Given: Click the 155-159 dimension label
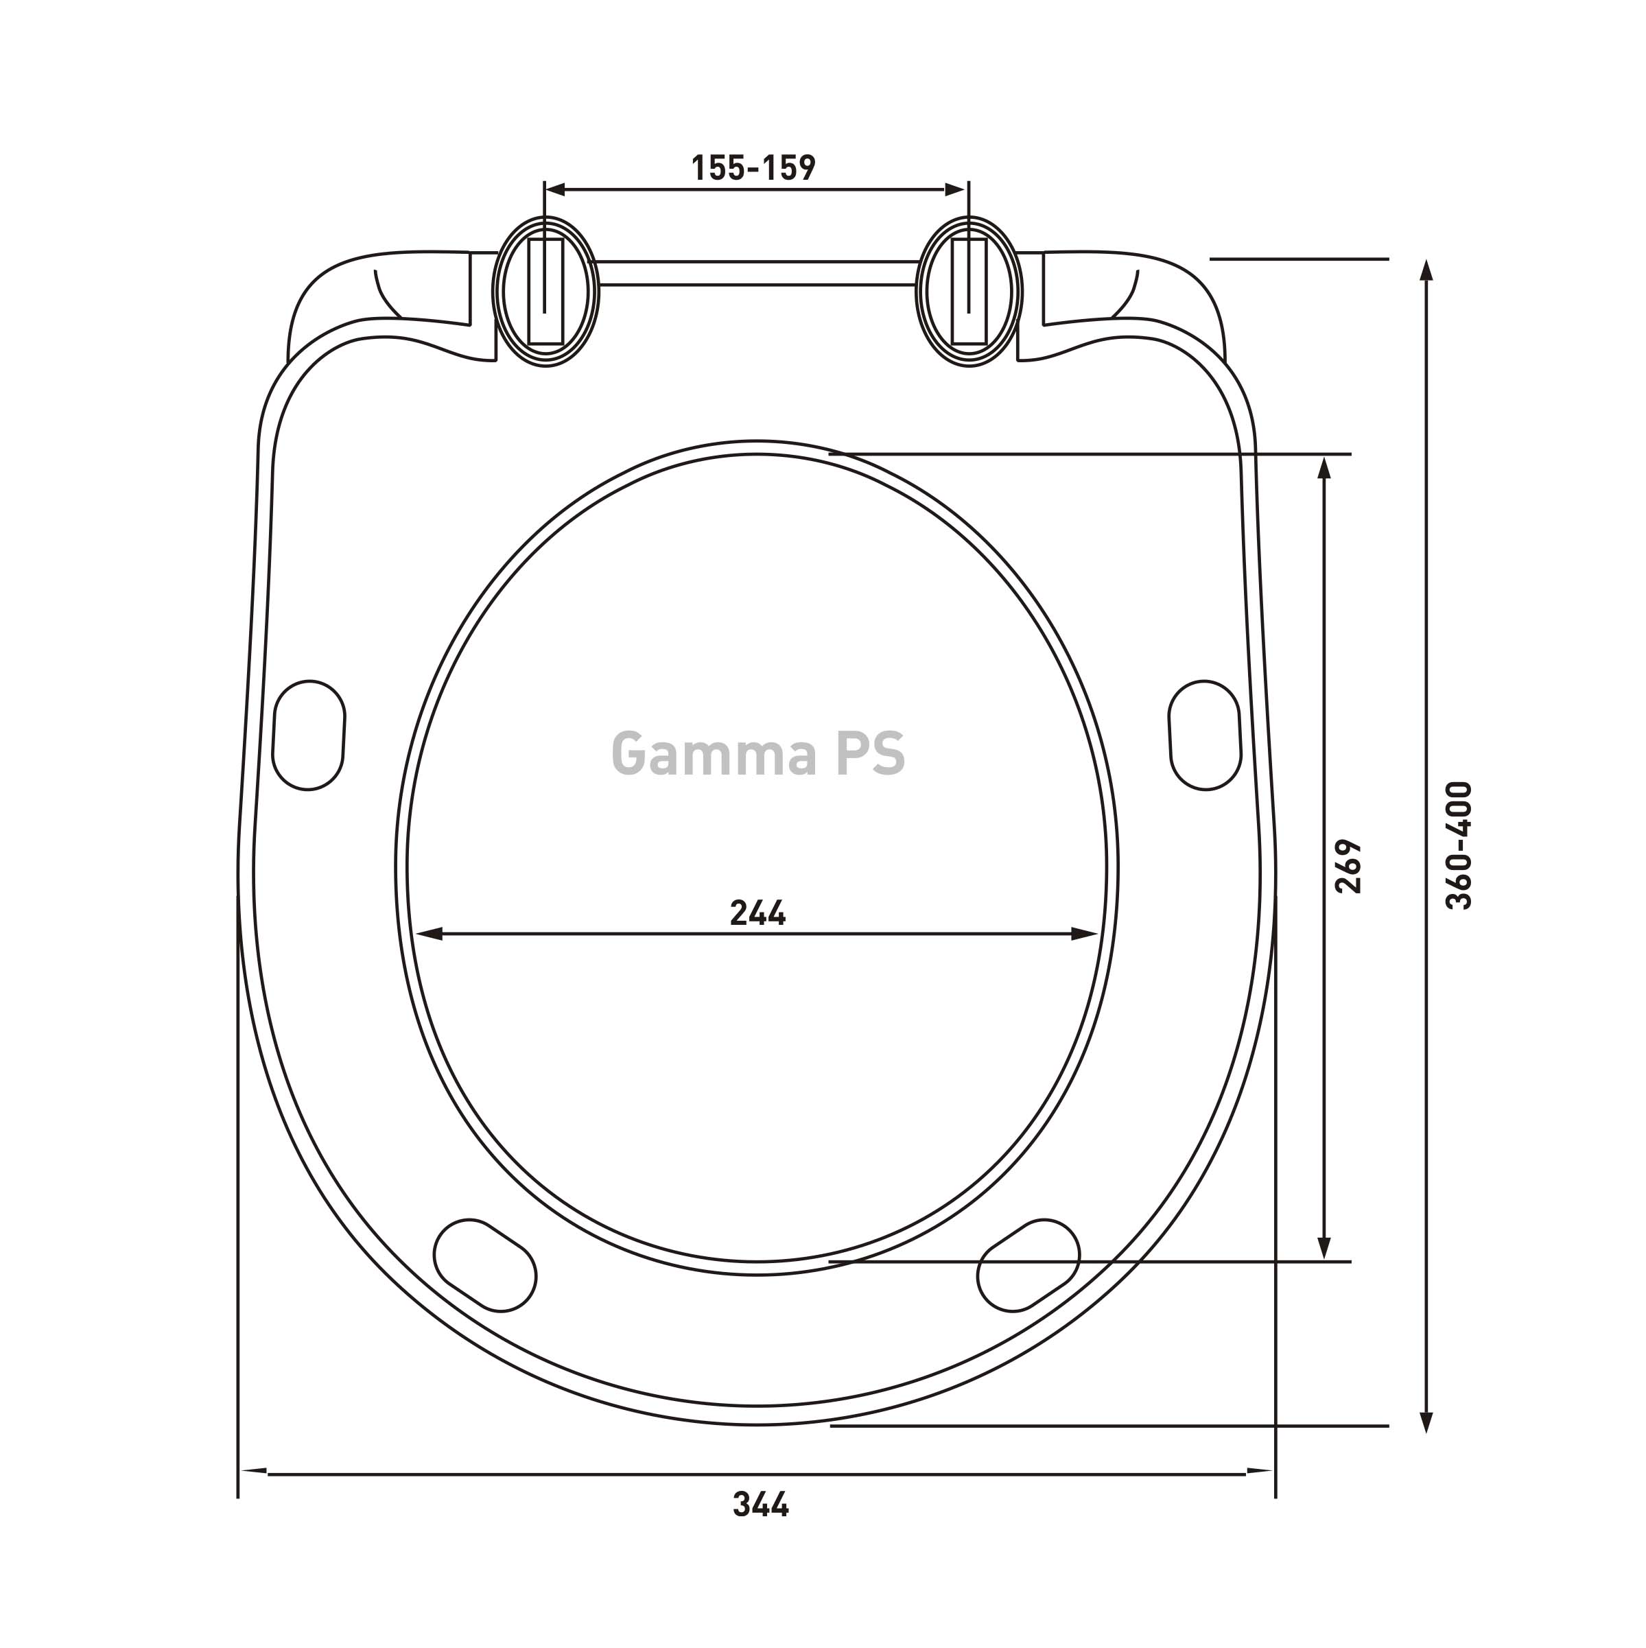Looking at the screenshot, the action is click(x=753, y=168).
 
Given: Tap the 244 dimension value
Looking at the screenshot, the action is click(x=757, y=914).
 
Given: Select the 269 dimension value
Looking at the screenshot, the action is click(x=1348, y=867).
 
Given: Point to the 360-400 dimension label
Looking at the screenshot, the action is click(x=1459, y=845).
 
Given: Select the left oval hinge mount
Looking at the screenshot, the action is click(x=546, y=292).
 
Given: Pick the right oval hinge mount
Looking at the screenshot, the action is click(x=969, y=292).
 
